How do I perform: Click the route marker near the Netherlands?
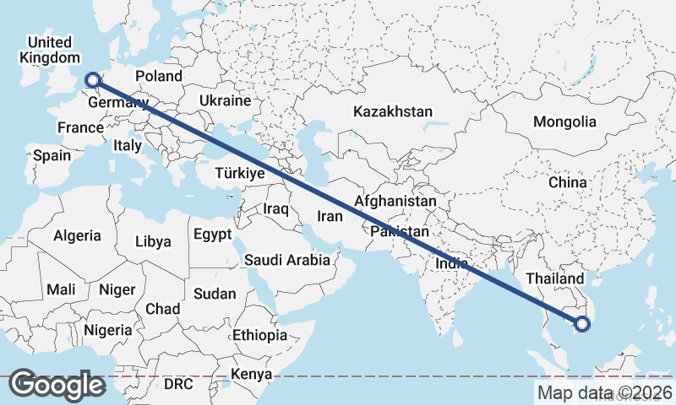click(x=94, y=81)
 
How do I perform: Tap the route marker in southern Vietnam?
click(x=582, y=323)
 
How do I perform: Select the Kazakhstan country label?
click(x=393, y=111)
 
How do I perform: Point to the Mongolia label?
click(x=564, y=121)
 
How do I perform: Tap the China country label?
click(x=567, y=182)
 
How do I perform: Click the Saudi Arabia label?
click(x=287, y=260)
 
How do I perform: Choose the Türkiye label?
click(x=240, y=173)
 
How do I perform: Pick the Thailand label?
click(x=554, y=278)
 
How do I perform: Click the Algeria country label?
click(x=77, y=236)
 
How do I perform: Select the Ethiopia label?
click(x=260, y=335)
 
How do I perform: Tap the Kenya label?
click(x=252, y=374)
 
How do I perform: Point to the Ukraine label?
click(x=226, y=100)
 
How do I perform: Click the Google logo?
click(x=57, y=385)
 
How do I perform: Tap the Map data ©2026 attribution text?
click(x=604, y=392)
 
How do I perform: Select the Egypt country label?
click(x=212, y=235)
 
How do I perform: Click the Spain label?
click(x=52, y=155)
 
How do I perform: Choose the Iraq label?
click(x=276, y=208)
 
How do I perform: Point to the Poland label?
click(x=159, y=76)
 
